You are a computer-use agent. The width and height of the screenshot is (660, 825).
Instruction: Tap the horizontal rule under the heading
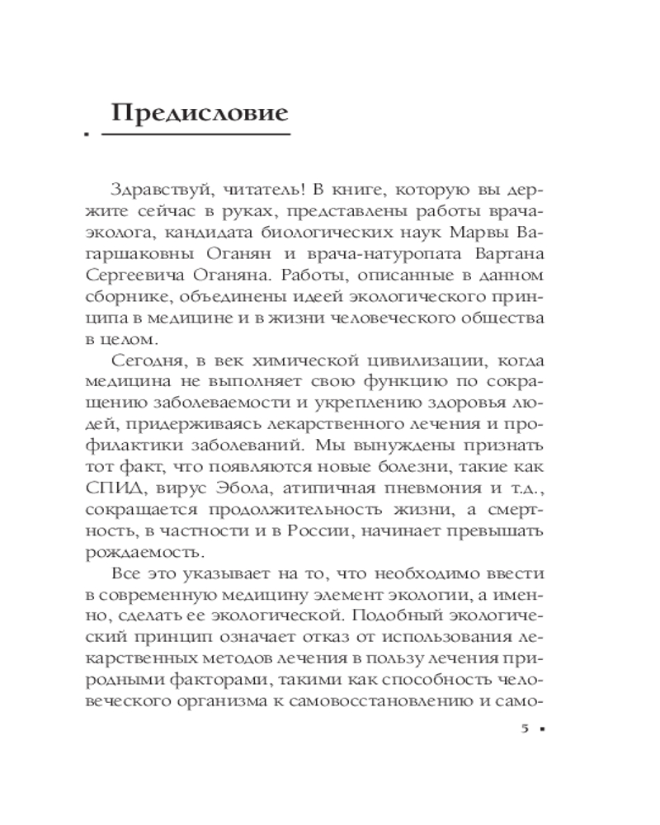pyautogui.click(x=201, y=133)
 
